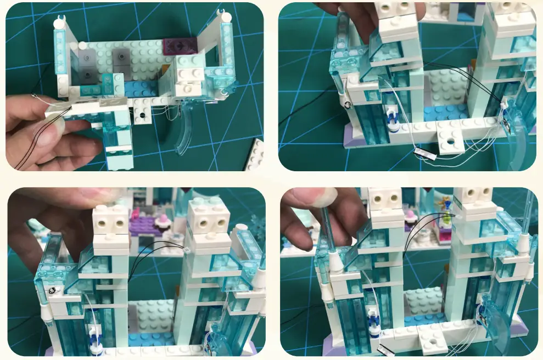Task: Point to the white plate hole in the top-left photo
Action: click(142, 116)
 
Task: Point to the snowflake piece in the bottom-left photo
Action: click(257, 224)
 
